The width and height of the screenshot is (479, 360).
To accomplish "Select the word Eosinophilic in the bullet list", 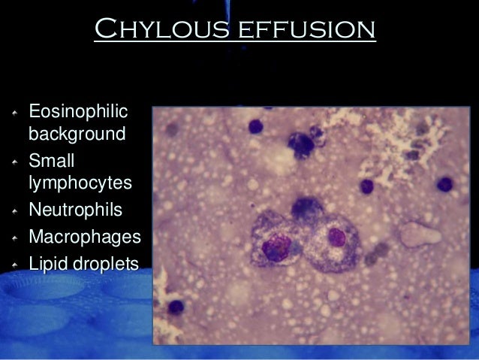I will tap(78, 113).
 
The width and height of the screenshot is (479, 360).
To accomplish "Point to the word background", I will tap(77, 135).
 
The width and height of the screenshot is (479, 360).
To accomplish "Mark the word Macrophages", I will tap(84, 237).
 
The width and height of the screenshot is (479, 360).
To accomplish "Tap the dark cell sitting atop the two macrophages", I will tap(306, 207).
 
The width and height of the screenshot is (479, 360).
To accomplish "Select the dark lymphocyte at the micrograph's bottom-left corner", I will tap(176, 307).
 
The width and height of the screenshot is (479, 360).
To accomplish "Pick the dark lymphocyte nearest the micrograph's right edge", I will tap(445, 183).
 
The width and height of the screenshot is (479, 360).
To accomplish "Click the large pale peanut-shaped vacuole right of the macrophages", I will tap(418, 234).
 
